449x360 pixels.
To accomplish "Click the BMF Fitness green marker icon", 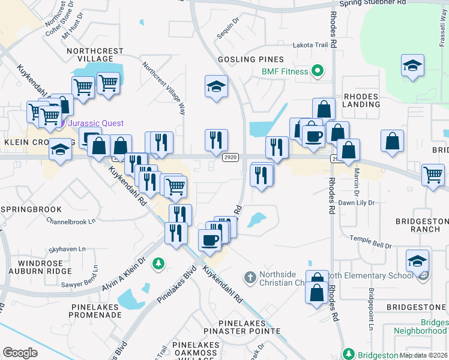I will pyautogui.click(x=319, y=72).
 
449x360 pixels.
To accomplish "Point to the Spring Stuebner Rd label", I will pyautogui.click(x=373, y=3).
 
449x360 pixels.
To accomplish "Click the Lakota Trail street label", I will pyautogui.click(x=310, y=44).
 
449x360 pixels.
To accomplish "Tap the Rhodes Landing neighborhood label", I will pyautogui.click(x=361, y=100).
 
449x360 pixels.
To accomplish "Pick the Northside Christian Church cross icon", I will pyautogui.click(x=250, y=277).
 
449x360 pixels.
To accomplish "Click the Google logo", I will pyautogui.click(x=20, y=353).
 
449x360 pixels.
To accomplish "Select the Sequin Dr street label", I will pyautogui.click(x=228, y=27).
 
